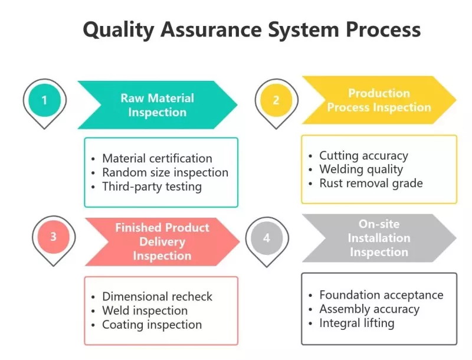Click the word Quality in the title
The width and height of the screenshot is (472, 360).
click(x=119, y=31)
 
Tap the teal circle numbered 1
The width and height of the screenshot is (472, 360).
click(x=45, y=100)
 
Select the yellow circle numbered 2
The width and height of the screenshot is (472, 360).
click(x=276, y=100)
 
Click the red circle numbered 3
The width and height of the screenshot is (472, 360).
click(x=54, y=237)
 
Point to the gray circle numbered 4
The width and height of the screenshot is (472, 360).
click(x=267, y=238)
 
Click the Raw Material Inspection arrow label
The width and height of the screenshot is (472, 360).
click(x=158, y=105)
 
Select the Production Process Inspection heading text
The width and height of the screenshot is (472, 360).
click(x=379, y=100)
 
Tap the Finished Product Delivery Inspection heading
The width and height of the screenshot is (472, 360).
click(x=162, y=241)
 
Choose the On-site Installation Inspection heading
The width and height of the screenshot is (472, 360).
click(x=379, y=238)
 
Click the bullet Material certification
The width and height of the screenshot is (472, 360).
click(x=157, y=158)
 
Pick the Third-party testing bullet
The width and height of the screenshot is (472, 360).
click(x=152, y=186)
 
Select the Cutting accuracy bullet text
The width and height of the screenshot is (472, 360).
click(x=363, y=156)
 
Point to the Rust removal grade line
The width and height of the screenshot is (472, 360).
click(x=371, y=184)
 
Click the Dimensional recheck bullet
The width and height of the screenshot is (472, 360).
click(x=157, y=296)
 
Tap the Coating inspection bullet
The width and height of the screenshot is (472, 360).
click(x=152, y=325)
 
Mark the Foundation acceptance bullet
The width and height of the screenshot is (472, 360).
click(x=381, y=295)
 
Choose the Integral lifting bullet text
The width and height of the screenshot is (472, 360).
click(x=357, y=323)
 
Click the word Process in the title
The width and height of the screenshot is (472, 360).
click(x=383, y=30)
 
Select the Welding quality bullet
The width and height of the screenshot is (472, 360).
click(x=361, y=169)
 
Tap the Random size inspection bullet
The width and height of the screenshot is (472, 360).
click(x=165, y=172)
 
